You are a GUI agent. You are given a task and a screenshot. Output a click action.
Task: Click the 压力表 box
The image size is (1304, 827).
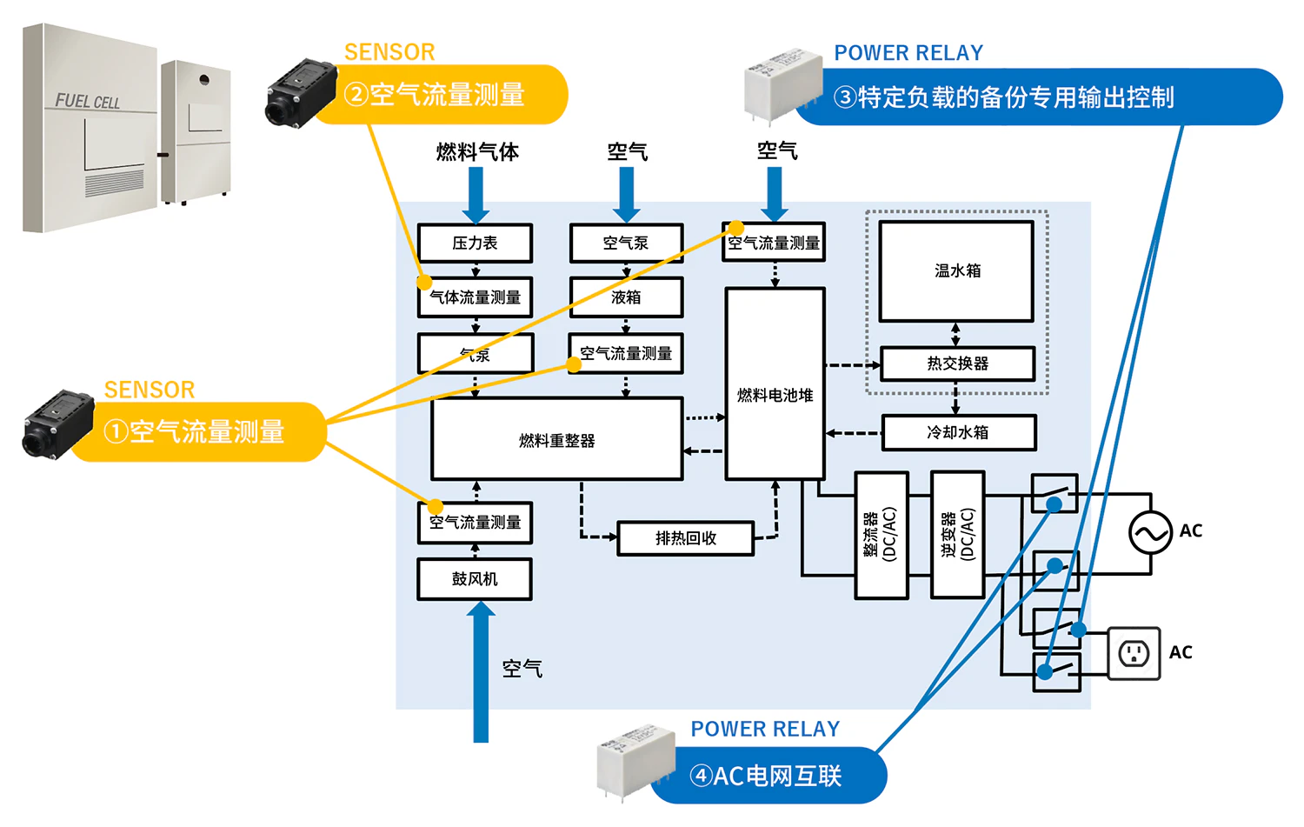click(x=475, y=243)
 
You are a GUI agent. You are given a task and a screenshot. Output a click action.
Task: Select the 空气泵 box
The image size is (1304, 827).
click(x=626, y=243)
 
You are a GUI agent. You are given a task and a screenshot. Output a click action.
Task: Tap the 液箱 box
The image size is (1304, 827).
click(x=626, y=297)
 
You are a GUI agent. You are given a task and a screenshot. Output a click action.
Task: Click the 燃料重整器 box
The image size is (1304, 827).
click(x=556, y=439)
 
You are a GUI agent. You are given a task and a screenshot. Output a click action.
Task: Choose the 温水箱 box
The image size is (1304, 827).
click(x=956, y=270)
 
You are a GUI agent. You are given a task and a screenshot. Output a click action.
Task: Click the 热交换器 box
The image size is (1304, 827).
click(x=957, y=363)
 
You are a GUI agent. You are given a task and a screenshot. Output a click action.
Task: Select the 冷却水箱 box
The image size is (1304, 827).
click(x=958, y=432)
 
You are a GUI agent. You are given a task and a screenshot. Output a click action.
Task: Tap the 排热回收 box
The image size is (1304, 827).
click(x=685, y=538)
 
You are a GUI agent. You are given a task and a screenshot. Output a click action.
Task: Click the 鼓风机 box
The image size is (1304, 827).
click(x=475, y=579)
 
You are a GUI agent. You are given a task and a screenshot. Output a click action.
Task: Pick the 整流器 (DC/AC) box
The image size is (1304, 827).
click(x=882, y=535)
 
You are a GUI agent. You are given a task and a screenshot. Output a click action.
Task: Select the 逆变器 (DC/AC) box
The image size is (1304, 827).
click(x=957, y=535)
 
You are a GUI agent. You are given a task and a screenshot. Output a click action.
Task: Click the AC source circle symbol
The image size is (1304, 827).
click(x=1150, y=533)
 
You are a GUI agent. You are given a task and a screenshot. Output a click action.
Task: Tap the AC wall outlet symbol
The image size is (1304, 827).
click(x=1134, y=653)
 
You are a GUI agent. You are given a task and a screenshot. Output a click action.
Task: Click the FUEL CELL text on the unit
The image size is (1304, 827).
click(x=87, y=102)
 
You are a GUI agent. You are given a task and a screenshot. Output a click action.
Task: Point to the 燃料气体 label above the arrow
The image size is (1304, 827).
click(x=477, y=152)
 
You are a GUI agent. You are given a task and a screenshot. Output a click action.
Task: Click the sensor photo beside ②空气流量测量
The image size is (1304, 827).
click(x=300, y=92)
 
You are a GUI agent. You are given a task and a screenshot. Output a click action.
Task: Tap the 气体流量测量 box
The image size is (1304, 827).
click(x=475, y=297)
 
